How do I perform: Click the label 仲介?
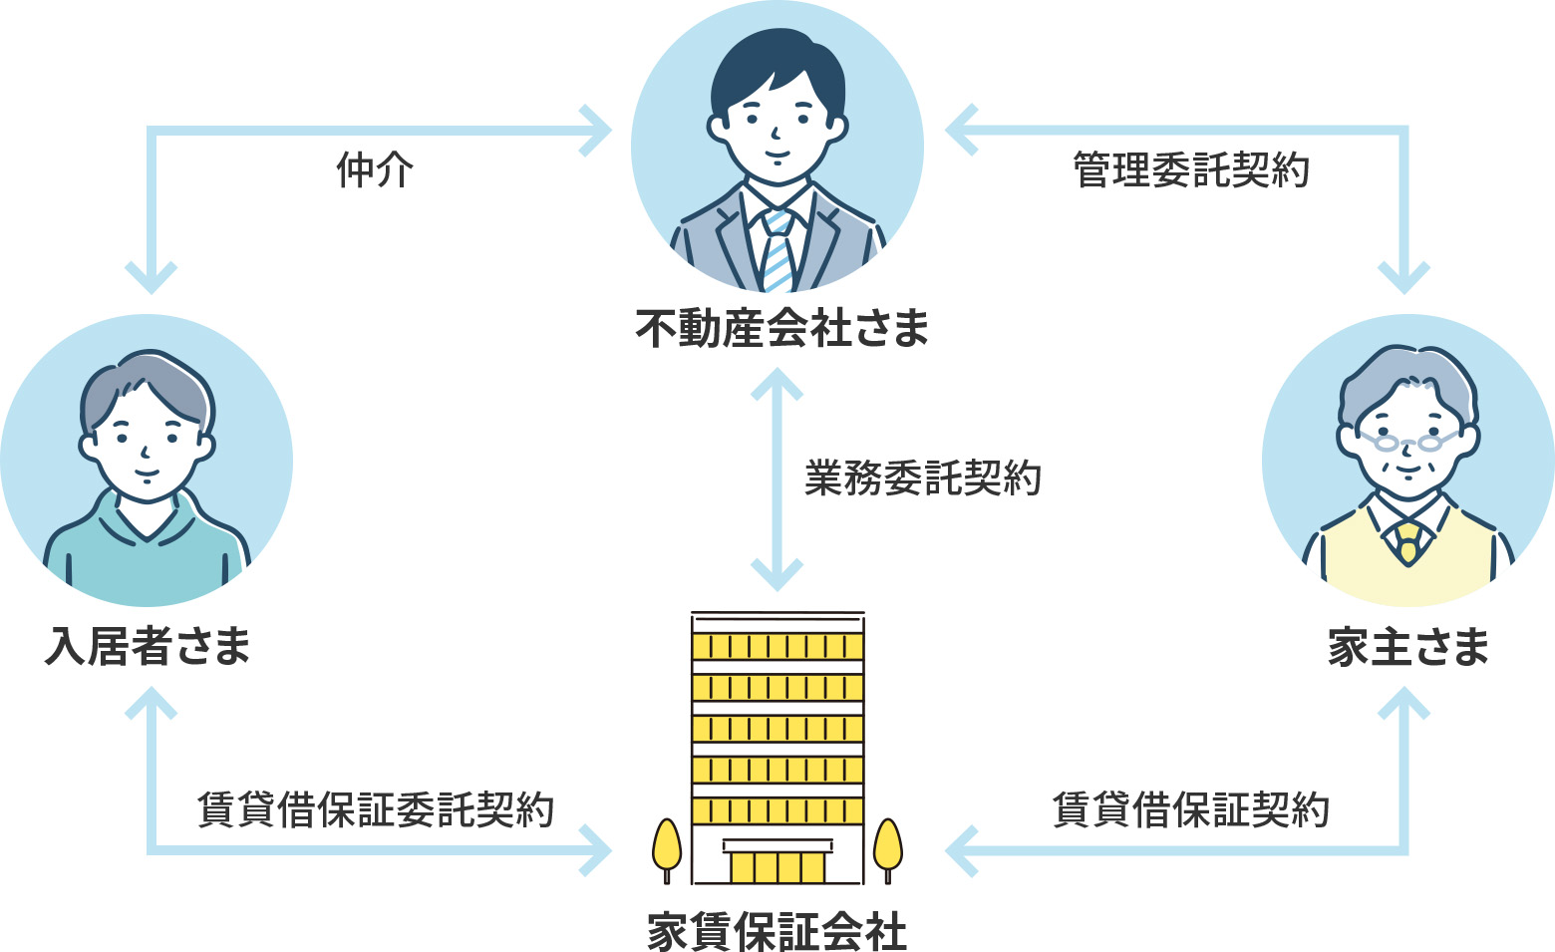point(374,170)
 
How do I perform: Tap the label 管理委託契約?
point(1190,170)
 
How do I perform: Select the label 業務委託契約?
point(922,478)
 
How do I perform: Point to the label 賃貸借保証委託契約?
point(375,808)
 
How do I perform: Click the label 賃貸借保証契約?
point(1190,808)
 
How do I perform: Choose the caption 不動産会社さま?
point(781,328)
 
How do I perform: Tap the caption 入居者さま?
point(148,646)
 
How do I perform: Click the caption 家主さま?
point(1407,647)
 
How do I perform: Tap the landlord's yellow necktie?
point(1407,542)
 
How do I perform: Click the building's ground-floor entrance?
point(777,864)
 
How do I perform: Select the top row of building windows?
point(777,646)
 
